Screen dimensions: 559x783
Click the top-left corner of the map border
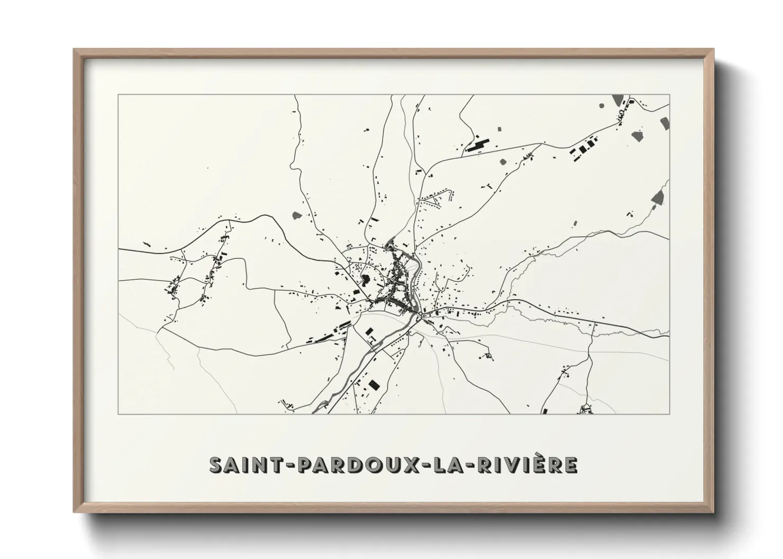coord(119,95)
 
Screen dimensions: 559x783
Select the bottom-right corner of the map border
coord(669,414)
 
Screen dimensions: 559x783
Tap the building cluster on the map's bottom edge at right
coord(585,409)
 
